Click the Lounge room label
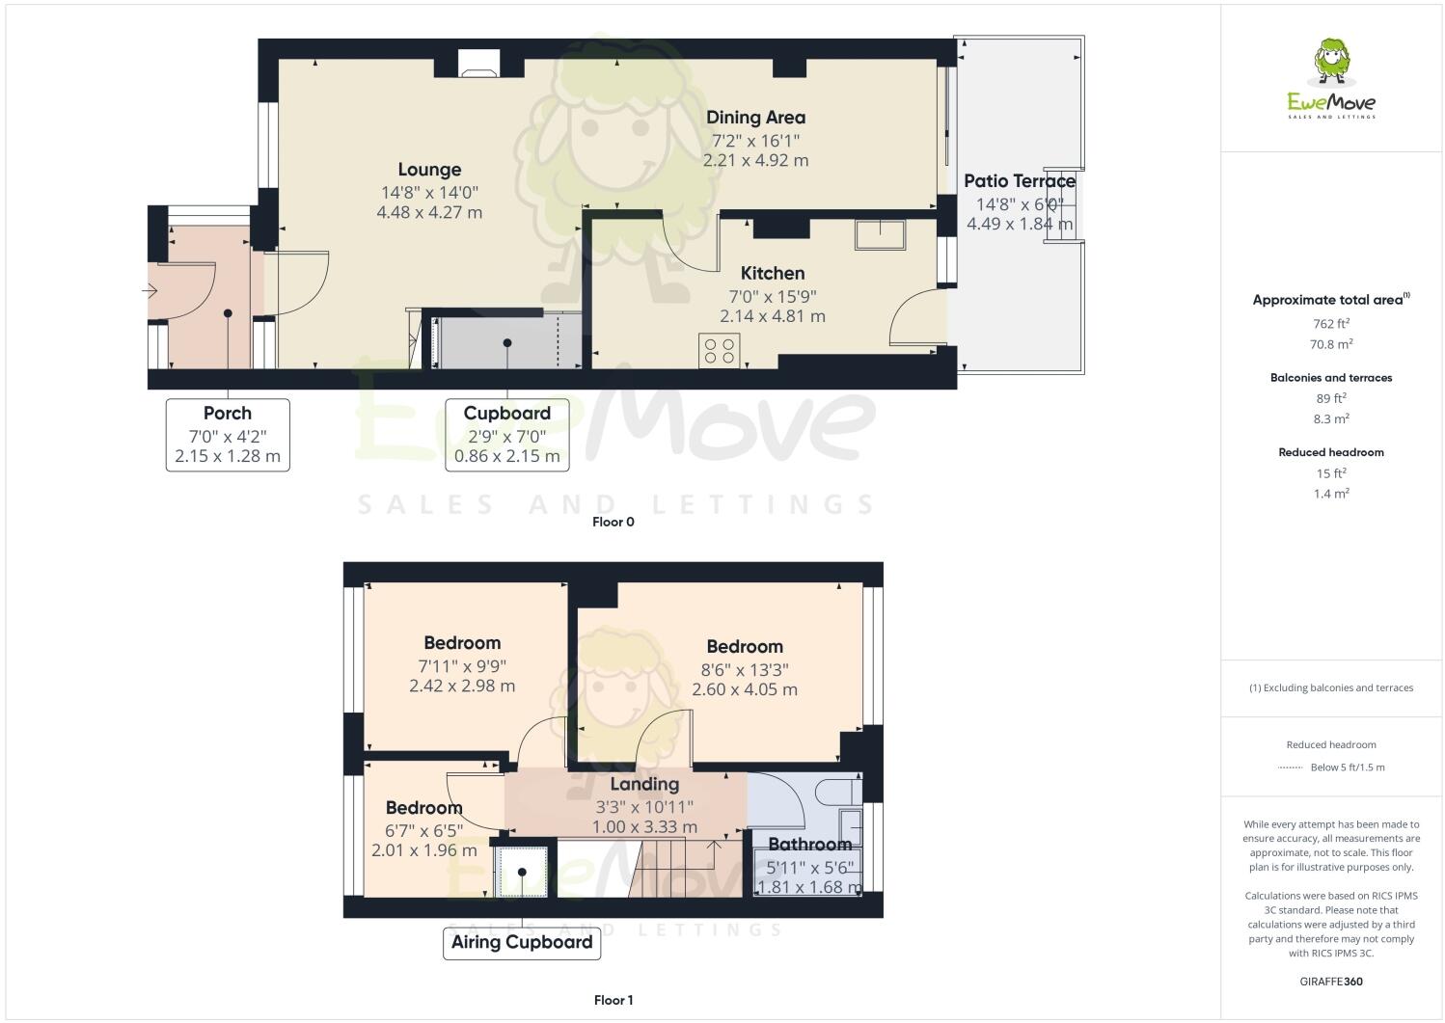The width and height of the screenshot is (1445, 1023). [x=429, y=170]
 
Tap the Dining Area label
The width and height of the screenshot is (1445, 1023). [x=755, y=118]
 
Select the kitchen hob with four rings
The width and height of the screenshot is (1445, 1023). [x=719, y=350]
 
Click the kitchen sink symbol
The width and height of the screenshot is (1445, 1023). [x=880, y=235]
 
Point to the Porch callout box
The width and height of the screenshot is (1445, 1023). [x=228, y=435]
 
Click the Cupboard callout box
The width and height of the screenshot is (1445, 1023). [x=506, y=435]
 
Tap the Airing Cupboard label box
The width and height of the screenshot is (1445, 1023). [x=522, y=943]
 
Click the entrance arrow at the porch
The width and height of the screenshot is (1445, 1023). [x=150, y=290]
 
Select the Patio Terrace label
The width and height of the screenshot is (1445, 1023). [x=1019, y=181]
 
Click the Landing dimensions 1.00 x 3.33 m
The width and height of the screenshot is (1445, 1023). [x=645, y=827]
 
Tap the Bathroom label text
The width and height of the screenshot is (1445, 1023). [x=809, y=845]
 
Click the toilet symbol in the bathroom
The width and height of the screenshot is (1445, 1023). [x=836, y=793]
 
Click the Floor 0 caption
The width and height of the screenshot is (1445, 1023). [x=613, y=523]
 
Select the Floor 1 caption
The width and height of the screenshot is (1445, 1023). [x=613, y=1001]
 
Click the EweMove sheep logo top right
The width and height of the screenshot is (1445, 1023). [x=1331, y=64]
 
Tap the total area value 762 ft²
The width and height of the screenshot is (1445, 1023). [x=1330, y=324]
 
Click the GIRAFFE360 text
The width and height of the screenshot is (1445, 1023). [x=1331, y=983]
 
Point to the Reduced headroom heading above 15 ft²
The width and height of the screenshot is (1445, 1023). [x=1330, y=452]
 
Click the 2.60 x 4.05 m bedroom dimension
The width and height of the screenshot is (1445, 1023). [x=744, y=689]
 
